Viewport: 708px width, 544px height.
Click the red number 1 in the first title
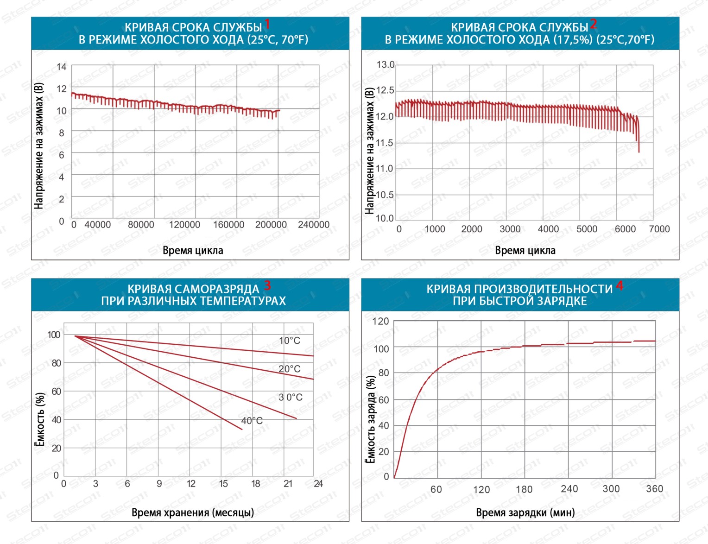(x=267, y=25)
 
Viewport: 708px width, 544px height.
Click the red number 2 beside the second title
(x=594, y=24)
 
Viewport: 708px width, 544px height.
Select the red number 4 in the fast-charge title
(x=619, y=286)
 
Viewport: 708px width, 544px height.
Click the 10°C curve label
(x=290, y=341)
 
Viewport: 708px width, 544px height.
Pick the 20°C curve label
(x=290, y=369)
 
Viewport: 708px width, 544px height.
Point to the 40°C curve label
(x=252, y=421)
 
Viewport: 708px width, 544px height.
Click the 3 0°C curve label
(x=291, y=397)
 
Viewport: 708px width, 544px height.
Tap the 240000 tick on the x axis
(x=314, y=225)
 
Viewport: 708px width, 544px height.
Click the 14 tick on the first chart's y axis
(x=62, y=67)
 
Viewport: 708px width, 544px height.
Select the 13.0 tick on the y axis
(x=385, y=64)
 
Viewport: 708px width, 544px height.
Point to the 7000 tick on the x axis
(x=659, y=229)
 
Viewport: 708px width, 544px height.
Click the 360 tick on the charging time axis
(x=654, y=489)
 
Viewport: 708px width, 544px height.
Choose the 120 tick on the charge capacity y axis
(x=381, y=321)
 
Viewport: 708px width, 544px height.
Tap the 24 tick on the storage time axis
(x=318, y=484)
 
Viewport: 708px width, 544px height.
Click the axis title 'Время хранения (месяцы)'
(x=193, y=512)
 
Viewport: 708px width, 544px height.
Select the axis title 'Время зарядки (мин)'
(x=525, y=512)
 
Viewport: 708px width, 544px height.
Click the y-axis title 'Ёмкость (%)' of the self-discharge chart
(x=40, y=420)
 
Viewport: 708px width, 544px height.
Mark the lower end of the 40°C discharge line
(x=242, y=430)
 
